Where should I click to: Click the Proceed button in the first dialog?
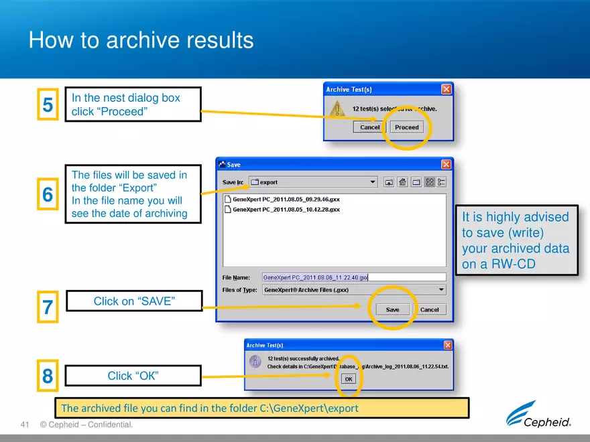point(406,127)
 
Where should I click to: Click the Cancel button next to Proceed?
point(369,127)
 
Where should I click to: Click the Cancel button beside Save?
point(429,309)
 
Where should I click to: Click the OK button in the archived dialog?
point(348,379)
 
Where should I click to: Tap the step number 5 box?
point(48,104)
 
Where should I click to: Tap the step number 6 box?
point(48,194)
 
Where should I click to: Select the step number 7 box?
point(48,307)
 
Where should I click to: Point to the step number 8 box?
point(48,376)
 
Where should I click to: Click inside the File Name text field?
point(353,277)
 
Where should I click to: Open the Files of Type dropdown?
point(354,290)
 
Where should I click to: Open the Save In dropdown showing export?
point(313,182)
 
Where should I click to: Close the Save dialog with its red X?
point(446,165)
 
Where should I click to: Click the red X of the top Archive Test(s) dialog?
point(446,89)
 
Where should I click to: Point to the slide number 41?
point(26,425)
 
